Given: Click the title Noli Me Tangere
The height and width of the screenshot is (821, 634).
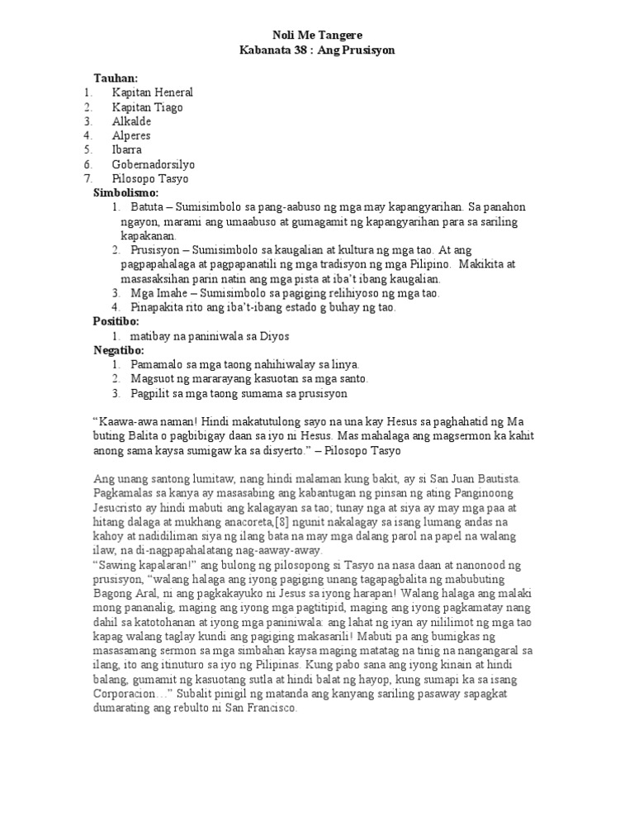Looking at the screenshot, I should point(317,35).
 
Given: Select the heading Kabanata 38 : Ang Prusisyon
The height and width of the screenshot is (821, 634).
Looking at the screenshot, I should point(317,50).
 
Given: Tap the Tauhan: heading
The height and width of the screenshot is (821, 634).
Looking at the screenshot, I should point(116,78).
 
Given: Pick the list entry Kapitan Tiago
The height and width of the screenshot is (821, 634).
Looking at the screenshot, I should point(148,107).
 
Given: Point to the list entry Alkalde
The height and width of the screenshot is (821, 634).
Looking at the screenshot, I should point(132,121).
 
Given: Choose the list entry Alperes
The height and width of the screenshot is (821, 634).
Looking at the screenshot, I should point(132,135).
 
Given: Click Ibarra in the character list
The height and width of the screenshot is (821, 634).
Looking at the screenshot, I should point(127,149).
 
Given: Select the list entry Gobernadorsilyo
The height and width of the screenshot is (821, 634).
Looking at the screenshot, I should point(154,164).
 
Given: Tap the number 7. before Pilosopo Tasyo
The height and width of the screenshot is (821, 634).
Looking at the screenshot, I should point(88,178).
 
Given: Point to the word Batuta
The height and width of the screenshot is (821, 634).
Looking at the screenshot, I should point(148,206).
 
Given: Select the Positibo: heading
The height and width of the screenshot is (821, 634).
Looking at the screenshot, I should point(116,320).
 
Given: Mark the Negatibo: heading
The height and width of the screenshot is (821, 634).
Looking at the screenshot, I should point(119,349).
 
